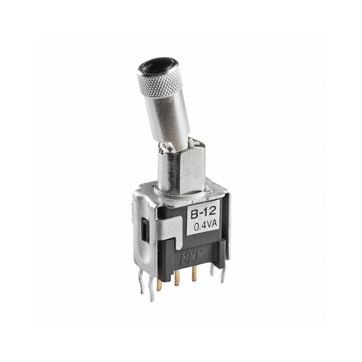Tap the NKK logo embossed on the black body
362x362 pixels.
click(198, 259)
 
